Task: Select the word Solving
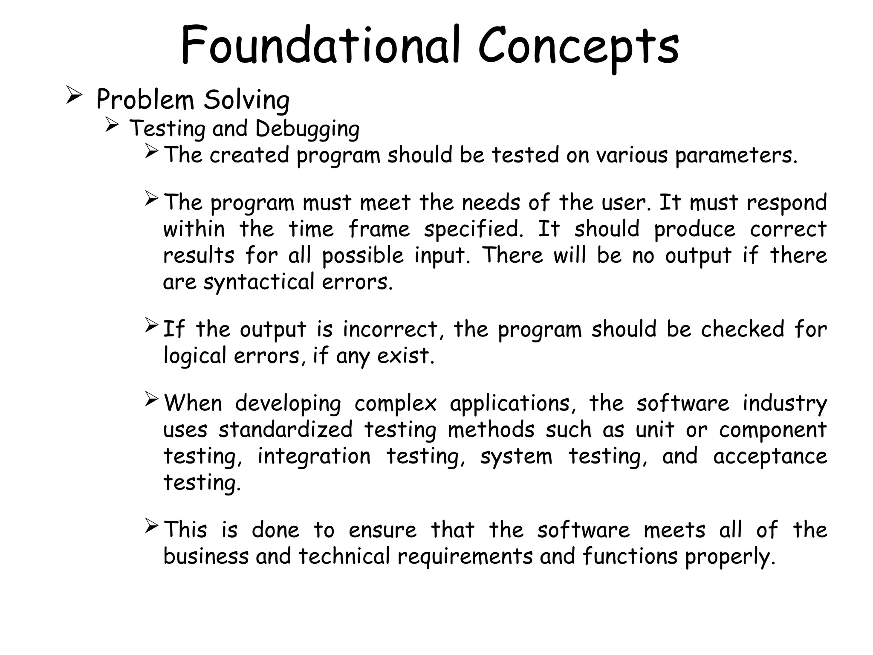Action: click(246, 101)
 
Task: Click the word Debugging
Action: click(307, 129)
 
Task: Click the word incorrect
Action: click(390, 330)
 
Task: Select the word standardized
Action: click(286, 430)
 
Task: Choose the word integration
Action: click(314, 456)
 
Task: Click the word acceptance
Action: click(770, 456)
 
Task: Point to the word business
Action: click(206, 556)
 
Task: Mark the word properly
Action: click(730, 557)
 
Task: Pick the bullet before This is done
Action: click(152, 525)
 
